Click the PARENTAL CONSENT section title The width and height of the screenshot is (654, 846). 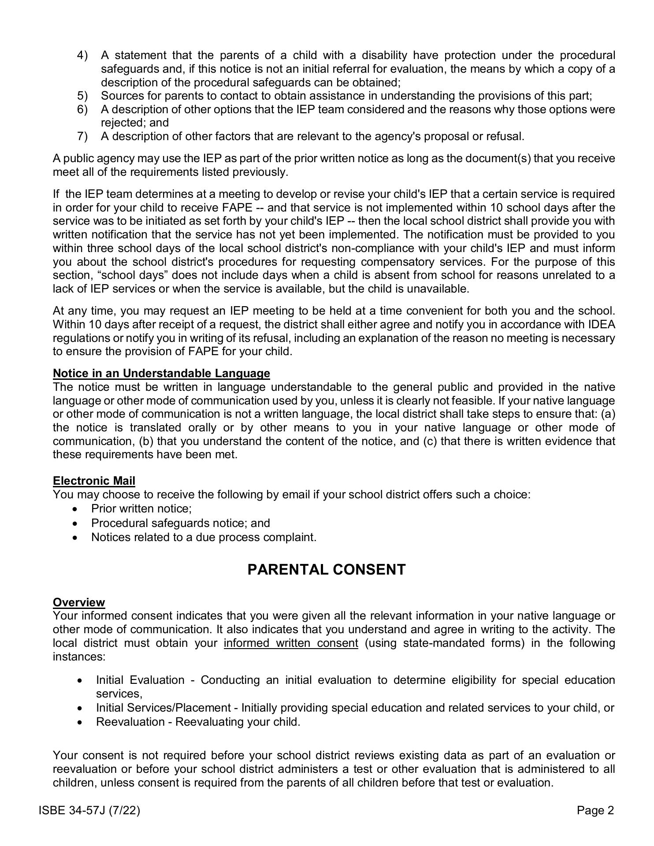tap(327, 570)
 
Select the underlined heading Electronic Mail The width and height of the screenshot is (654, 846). tap(94, 481)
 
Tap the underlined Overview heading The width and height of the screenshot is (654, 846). tap(79, 602)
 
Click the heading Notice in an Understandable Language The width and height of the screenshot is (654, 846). tap(161, 373)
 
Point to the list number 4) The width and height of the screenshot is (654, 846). tap(82, 56)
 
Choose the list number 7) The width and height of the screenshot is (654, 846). tap(82, 136)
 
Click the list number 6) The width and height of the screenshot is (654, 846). tap(82, 109)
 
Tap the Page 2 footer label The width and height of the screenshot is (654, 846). tap(595, 810)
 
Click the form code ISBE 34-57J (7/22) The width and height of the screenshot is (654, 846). tap(89, 810)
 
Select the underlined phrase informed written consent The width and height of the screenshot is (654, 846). tap(291, 643)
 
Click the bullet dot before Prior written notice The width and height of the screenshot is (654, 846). tap(77, 509)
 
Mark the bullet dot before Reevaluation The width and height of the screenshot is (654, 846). tap(80, 722)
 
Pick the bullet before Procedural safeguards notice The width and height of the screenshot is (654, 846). tap(77, 523)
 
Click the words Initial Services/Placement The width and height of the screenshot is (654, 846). tap(163, 708)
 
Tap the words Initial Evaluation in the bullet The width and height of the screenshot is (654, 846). tap(140, 680)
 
